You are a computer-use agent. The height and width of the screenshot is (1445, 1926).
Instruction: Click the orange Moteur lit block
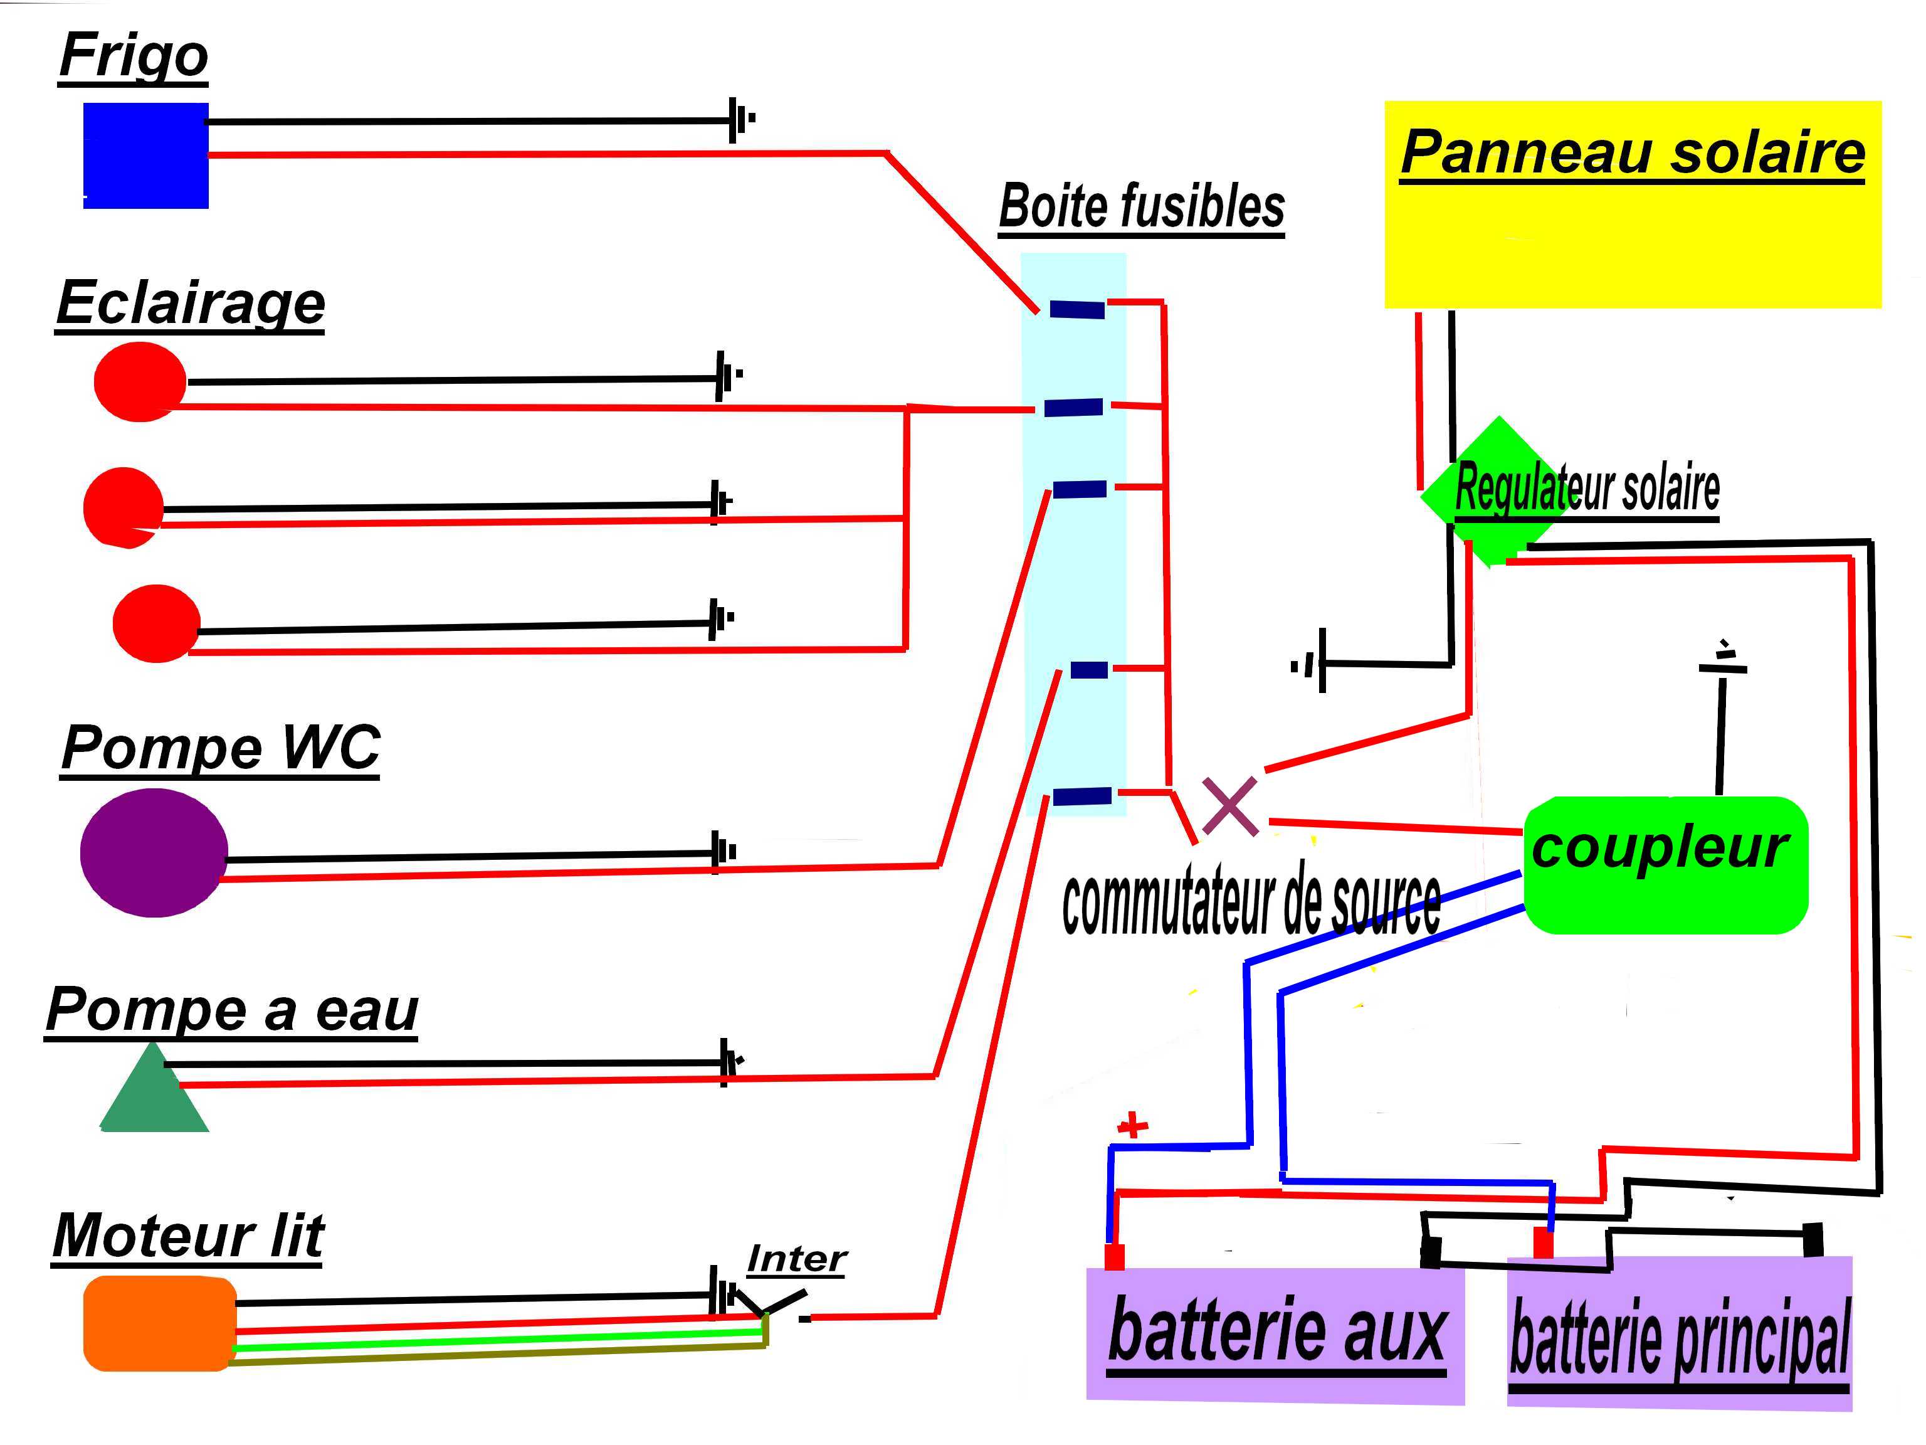[159, 1323]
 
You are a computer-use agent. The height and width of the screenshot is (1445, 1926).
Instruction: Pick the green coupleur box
[1664, 864]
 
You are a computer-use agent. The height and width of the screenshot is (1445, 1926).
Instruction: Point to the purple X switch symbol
[1229, 806]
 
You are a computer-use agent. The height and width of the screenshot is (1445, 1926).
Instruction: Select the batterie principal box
[1679, 1335]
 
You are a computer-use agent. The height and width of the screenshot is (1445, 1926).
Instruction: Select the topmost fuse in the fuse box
[1076, 309]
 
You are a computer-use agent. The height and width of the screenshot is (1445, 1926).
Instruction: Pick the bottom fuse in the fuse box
[1081, 795]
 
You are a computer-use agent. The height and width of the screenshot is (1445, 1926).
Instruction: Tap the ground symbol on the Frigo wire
[740, 119]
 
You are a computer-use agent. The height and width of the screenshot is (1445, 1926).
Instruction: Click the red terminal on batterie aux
[1113, 1256]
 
